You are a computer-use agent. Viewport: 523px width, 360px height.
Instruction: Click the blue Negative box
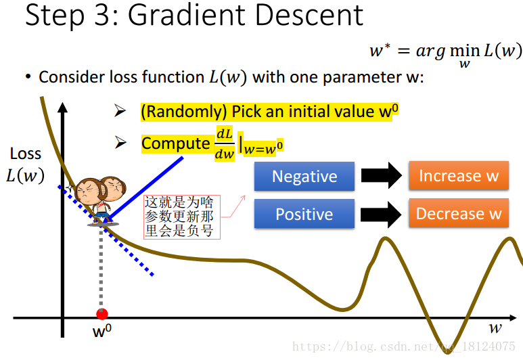pyautogui.click(x=304, y=176)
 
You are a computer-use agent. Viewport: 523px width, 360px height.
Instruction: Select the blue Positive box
pyautogui.click(x=304, y=214)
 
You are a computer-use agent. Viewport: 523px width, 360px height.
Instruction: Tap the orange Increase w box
pyautogui.click(x=459, y=175)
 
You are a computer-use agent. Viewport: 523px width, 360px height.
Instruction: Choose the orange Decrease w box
pyautogui.click(x=459, y=213)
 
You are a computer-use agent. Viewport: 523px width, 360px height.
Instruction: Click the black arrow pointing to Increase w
pyautogui.click(x=381, y=175)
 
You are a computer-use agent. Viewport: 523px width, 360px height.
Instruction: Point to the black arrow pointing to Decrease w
pyautogui.click(x=381, y=214)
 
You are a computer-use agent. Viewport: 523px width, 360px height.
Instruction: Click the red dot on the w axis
pyautogui.click(x=101, y=314)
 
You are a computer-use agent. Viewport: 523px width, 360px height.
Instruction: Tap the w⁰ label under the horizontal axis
pyautogui.click(x=102, y=331)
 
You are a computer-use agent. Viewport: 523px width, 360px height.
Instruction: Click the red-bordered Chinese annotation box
pyautogui.click(x=182, y=217)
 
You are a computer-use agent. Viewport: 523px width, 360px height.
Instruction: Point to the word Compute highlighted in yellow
pyautogui.click(x=175, y=143)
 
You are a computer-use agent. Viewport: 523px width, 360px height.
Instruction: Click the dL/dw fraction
pyautogui.click(x=225, y=144)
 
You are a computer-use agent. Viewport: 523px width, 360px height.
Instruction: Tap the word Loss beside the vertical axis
pyautogui.click(x=25, y=154)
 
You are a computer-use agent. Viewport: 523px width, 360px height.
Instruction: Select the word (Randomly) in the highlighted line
pyautogui.click(x=184, y=112)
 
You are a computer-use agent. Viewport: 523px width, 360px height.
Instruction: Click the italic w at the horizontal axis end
pyautogui.click(x=495, y=328)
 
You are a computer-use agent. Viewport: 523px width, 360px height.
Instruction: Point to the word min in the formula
pyautogui.click(x=465, y=51)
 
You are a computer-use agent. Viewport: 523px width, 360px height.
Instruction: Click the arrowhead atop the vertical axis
pyautogui.click(x=62, y=108)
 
